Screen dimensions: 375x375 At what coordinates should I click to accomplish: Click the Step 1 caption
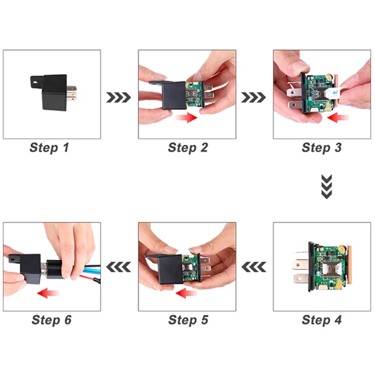pos(49,147)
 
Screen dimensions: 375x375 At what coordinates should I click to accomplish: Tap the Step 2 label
pos(188,147)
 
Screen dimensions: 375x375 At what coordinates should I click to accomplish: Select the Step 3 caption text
pos(322,147)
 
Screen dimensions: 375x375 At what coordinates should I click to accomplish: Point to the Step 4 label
pos(322,320)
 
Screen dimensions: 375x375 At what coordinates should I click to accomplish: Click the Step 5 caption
pos(188,320)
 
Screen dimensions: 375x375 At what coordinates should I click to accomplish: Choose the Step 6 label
pos(52,320)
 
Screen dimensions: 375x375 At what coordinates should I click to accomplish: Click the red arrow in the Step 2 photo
pos(186,118)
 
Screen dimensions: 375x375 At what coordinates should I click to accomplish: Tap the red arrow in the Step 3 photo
pos(338,118)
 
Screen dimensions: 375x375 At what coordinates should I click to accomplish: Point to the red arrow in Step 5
pos(186,293)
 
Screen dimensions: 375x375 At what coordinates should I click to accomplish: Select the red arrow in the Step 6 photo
pos(48,293)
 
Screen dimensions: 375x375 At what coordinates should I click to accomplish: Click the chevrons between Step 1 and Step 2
pos(119,97)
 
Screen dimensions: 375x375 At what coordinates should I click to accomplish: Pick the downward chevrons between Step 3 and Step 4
pos(327,187)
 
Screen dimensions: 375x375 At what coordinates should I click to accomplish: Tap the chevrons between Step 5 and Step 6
pos(119,267)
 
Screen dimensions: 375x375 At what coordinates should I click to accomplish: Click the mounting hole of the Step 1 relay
pos(36,82)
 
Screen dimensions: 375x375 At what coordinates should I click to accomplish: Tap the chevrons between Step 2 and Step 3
pos(254,97)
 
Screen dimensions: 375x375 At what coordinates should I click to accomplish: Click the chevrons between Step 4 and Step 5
pos(254,267)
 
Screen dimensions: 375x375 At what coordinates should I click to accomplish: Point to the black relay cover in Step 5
pos(170,268)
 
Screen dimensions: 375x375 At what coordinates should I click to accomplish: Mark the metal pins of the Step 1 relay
pos(72,93)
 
